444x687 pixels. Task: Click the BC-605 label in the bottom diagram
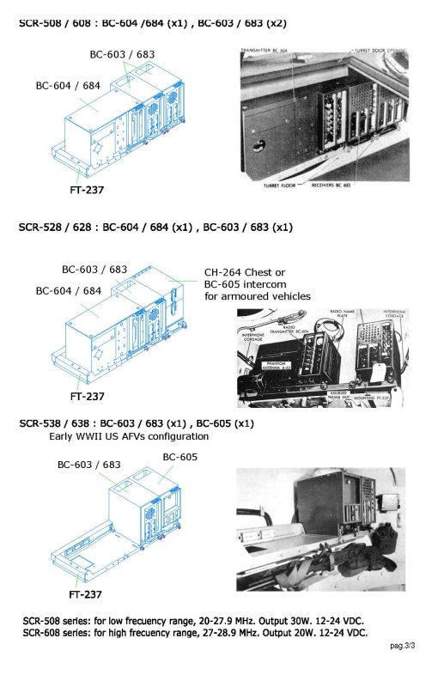pyautogui.click(x=180, y=457)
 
